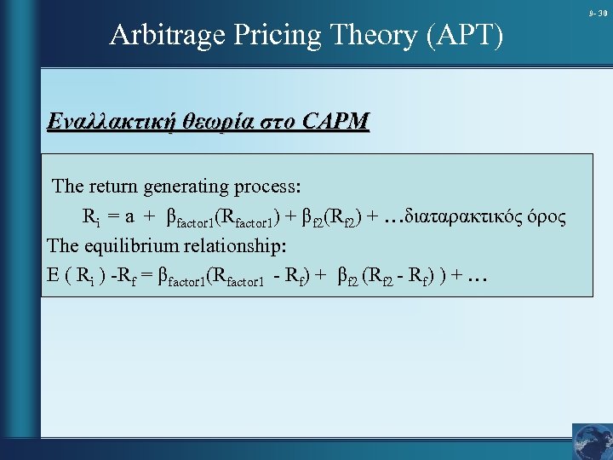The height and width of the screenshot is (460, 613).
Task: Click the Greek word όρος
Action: pos(546,216)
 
